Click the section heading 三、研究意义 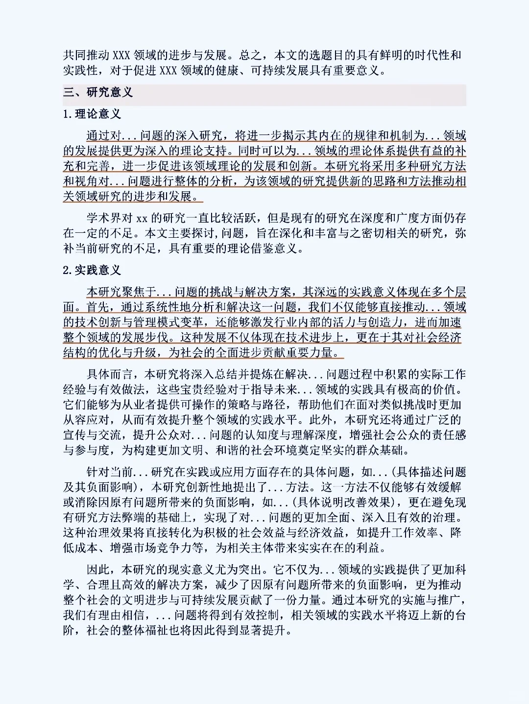[97, 92]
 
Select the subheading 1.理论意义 [92, 114]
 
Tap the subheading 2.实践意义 [92, 270]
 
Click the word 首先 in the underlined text [98, 307]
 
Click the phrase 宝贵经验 [202, 389]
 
